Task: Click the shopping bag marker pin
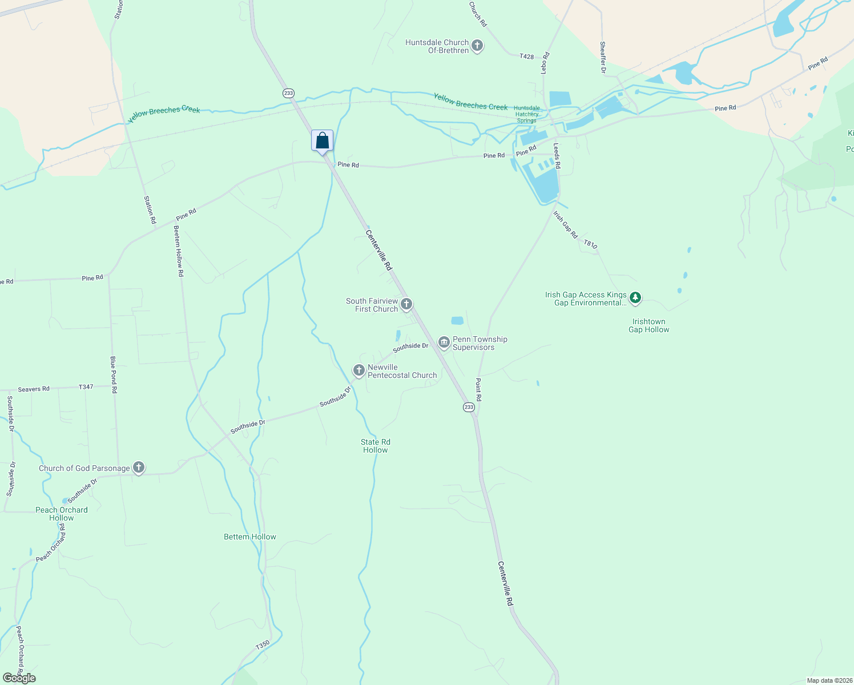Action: coord(322,140)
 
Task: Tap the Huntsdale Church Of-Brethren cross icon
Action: coord(478,46)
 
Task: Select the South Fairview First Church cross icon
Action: coord(406,304)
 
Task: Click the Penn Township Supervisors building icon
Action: coord(444,342)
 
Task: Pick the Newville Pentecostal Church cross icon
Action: coord(359,371)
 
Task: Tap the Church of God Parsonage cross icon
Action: coord(138,468)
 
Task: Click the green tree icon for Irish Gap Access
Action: coord(635,298)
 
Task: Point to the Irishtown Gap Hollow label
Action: coord(648,325)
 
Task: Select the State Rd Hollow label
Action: coord(376,446)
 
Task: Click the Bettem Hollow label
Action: coord(250,537)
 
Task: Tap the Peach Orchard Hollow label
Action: coord(62,514)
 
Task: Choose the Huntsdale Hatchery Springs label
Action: coord(526,114)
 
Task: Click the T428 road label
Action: coord(526,57)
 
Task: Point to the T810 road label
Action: coord(590,244)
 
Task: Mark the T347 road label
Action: coord(86,387)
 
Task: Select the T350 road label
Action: coord(262,645)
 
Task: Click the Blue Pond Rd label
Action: coord(114,374)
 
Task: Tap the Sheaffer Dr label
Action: coord(602,57)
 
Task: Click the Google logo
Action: coord(19,678)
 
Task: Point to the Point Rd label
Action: coord(478,389)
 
